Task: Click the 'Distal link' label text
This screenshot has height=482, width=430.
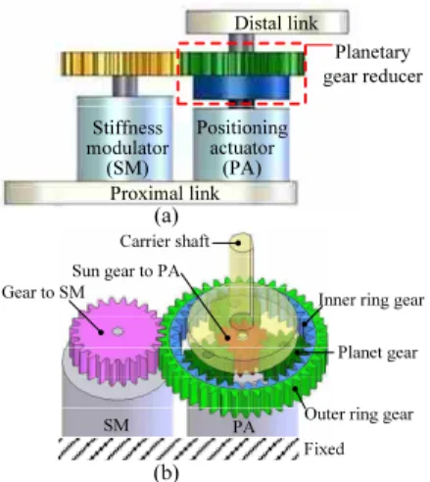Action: click(x=276, y=23)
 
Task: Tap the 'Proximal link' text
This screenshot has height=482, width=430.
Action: click(x=165, y=193)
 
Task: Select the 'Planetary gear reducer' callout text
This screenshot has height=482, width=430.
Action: click(x=372, y=65)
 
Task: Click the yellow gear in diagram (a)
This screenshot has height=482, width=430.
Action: click(x=119, y=64)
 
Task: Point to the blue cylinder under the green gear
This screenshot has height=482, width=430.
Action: click(x=241, y=87)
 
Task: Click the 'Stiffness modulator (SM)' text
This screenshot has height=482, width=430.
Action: click(x=127, y=148)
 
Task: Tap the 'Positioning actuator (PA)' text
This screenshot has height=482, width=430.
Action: click(x=242, y=148)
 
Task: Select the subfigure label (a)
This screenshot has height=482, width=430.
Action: click(x=167, y=216)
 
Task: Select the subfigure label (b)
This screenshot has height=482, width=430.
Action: click(x=167, y=472)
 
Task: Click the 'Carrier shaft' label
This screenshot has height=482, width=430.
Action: click(x=165, y=241)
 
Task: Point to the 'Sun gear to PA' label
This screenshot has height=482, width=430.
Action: click(x=126, y=270)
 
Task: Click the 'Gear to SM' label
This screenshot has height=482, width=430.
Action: click(x=43, y=292)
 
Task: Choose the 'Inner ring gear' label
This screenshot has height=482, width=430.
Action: click(x=371, y=300)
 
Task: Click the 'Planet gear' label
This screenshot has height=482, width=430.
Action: click(x=378, y=353)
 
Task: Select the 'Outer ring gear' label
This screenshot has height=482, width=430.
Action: click(x=358, y=414)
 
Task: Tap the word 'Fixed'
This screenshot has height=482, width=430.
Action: click(x=324, y=449)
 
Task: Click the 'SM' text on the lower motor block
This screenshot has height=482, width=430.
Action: click(x=116, y=425)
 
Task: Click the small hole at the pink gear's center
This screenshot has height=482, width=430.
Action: click(x=118, y=331)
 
